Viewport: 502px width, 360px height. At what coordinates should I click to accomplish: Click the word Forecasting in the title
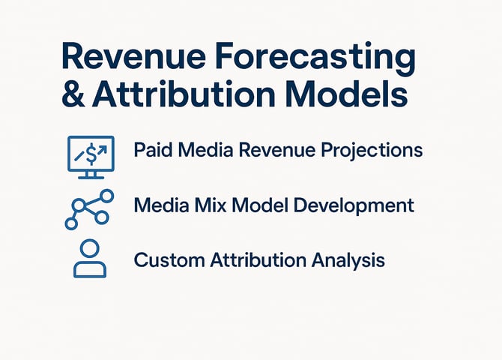[315, 58]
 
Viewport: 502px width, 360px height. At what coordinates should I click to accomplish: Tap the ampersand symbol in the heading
[73, 94]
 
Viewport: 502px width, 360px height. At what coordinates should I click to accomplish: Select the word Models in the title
[346, 94]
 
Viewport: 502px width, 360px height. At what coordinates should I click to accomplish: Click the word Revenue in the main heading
[133, 55]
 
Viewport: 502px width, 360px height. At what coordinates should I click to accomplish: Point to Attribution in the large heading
[184, 94]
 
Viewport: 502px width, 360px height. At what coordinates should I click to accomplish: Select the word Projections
[372, 151]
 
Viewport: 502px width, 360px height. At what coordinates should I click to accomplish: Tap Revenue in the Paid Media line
[277, 150]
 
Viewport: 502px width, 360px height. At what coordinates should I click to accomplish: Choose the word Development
[354, 206]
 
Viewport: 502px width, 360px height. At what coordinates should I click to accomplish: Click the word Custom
[169, 259]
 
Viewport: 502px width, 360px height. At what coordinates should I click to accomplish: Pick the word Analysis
[348, 260]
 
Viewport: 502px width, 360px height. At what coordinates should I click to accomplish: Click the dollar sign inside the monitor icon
[91, 154]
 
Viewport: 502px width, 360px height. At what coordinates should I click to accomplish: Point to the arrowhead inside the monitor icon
[103, 148]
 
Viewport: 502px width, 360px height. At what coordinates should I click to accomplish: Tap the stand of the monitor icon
[91, 175]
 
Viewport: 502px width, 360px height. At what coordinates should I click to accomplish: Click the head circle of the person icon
[90, 248]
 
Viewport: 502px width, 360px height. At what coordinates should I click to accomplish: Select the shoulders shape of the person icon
[90, 269]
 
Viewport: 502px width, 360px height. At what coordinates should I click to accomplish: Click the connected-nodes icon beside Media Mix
[89, 209]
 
